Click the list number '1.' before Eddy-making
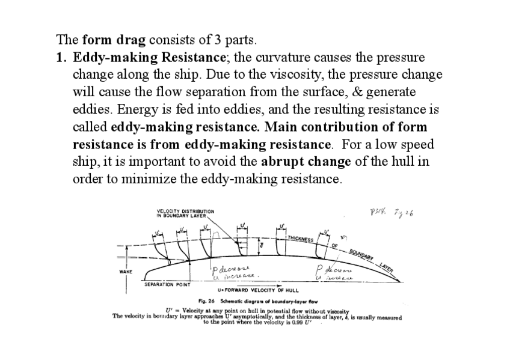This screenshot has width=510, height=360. (62, 58)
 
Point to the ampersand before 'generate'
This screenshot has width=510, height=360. (368, 93)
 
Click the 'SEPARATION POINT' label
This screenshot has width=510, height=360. (167, 284)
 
